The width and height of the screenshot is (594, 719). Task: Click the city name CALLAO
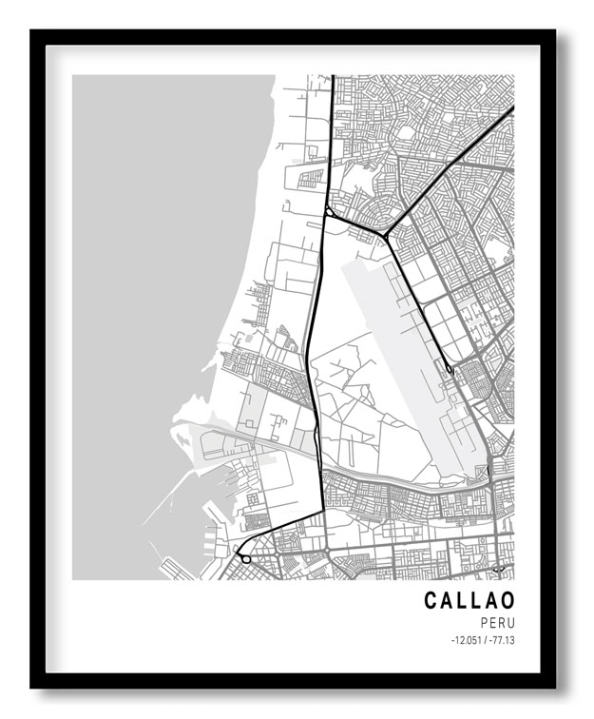click(469, 600)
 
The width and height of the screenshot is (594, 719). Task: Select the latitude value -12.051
click(466, 640)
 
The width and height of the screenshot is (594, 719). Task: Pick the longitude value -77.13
click(503, 640)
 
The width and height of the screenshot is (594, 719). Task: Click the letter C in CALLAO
click(431, 600)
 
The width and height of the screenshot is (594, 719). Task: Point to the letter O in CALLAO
click(507, 600)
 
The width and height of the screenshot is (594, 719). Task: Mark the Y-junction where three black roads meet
click(384, 234)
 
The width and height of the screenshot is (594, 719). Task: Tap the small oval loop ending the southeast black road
click(449, 367)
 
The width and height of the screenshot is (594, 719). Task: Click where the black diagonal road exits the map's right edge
click(512, 108)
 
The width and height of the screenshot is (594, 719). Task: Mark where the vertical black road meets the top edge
click(332, 77)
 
